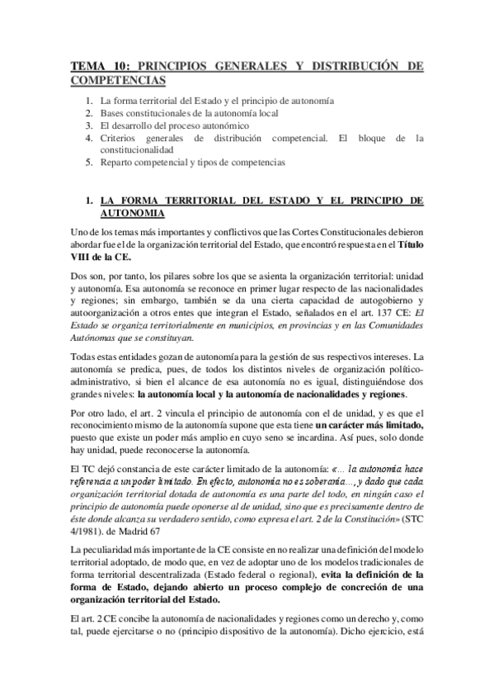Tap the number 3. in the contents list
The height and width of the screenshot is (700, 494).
tap(90, 125)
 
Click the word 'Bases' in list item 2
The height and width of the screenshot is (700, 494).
tap(113, 112)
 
